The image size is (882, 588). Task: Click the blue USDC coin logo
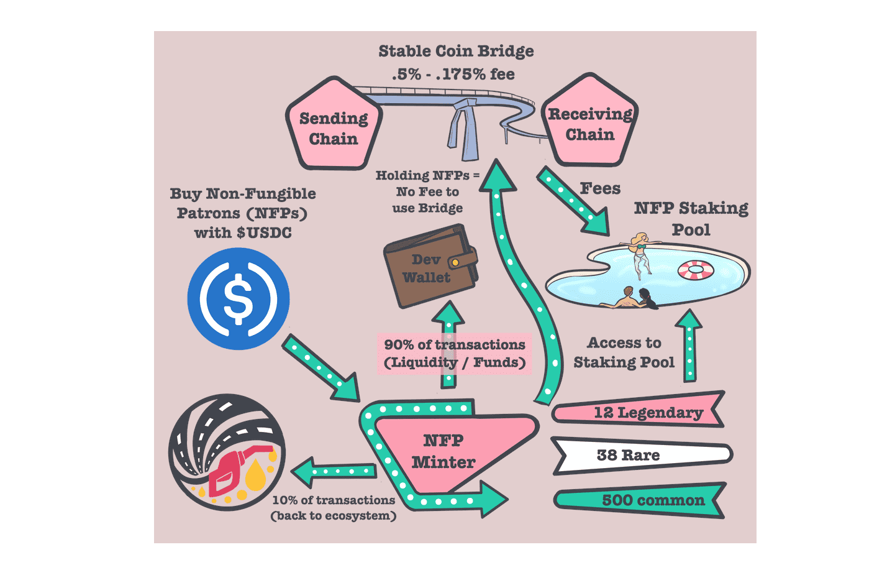239,299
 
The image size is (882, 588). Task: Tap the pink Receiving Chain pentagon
589,124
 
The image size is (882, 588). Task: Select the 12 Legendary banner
640,412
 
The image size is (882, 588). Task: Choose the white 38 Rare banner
640,455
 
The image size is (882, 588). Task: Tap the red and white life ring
696,270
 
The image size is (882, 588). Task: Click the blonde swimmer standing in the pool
640,252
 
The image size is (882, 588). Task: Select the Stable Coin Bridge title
456,51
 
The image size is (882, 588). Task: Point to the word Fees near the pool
600,188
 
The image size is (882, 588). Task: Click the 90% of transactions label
455,353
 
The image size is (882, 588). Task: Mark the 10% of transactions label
334,507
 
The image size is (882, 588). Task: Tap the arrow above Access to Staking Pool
689,345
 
